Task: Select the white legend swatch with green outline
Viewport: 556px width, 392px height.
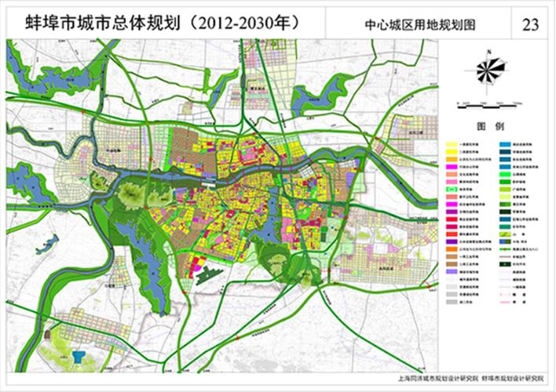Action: click(x=452, y=189)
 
